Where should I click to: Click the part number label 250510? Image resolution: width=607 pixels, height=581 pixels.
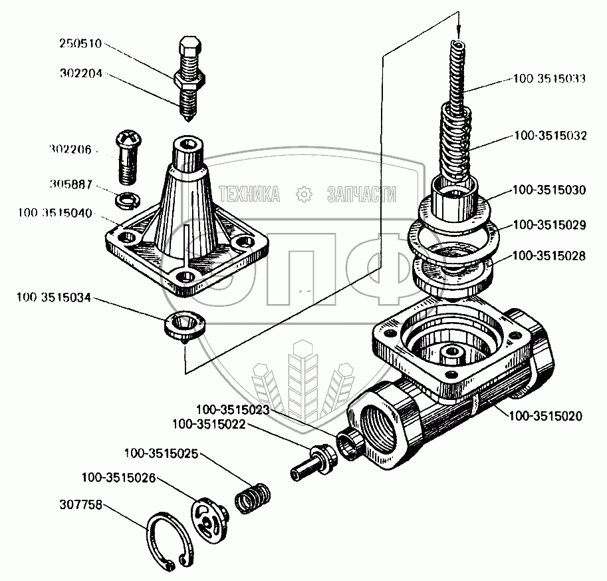80,43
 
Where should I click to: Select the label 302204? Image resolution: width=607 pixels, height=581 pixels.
80,73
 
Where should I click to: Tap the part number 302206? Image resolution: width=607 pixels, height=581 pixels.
70,150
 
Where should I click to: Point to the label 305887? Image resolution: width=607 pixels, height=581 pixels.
71,184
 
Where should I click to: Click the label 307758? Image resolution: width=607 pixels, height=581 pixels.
80,505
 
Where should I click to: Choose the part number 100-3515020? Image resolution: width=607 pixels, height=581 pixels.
545,416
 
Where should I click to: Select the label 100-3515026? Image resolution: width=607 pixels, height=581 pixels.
118,478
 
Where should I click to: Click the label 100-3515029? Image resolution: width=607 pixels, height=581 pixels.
549,225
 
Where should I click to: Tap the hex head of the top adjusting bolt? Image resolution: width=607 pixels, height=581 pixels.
189,47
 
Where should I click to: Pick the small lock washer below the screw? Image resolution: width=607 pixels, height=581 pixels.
128,200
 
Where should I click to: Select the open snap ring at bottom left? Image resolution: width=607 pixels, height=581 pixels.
170,542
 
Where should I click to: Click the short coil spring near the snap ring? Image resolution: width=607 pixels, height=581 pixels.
253,498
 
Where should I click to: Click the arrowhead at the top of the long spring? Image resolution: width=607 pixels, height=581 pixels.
459,32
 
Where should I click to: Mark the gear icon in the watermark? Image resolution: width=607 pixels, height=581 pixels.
303,194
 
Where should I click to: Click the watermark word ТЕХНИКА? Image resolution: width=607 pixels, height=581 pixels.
249,194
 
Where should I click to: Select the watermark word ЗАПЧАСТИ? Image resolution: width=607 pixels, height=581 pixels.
362,194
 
